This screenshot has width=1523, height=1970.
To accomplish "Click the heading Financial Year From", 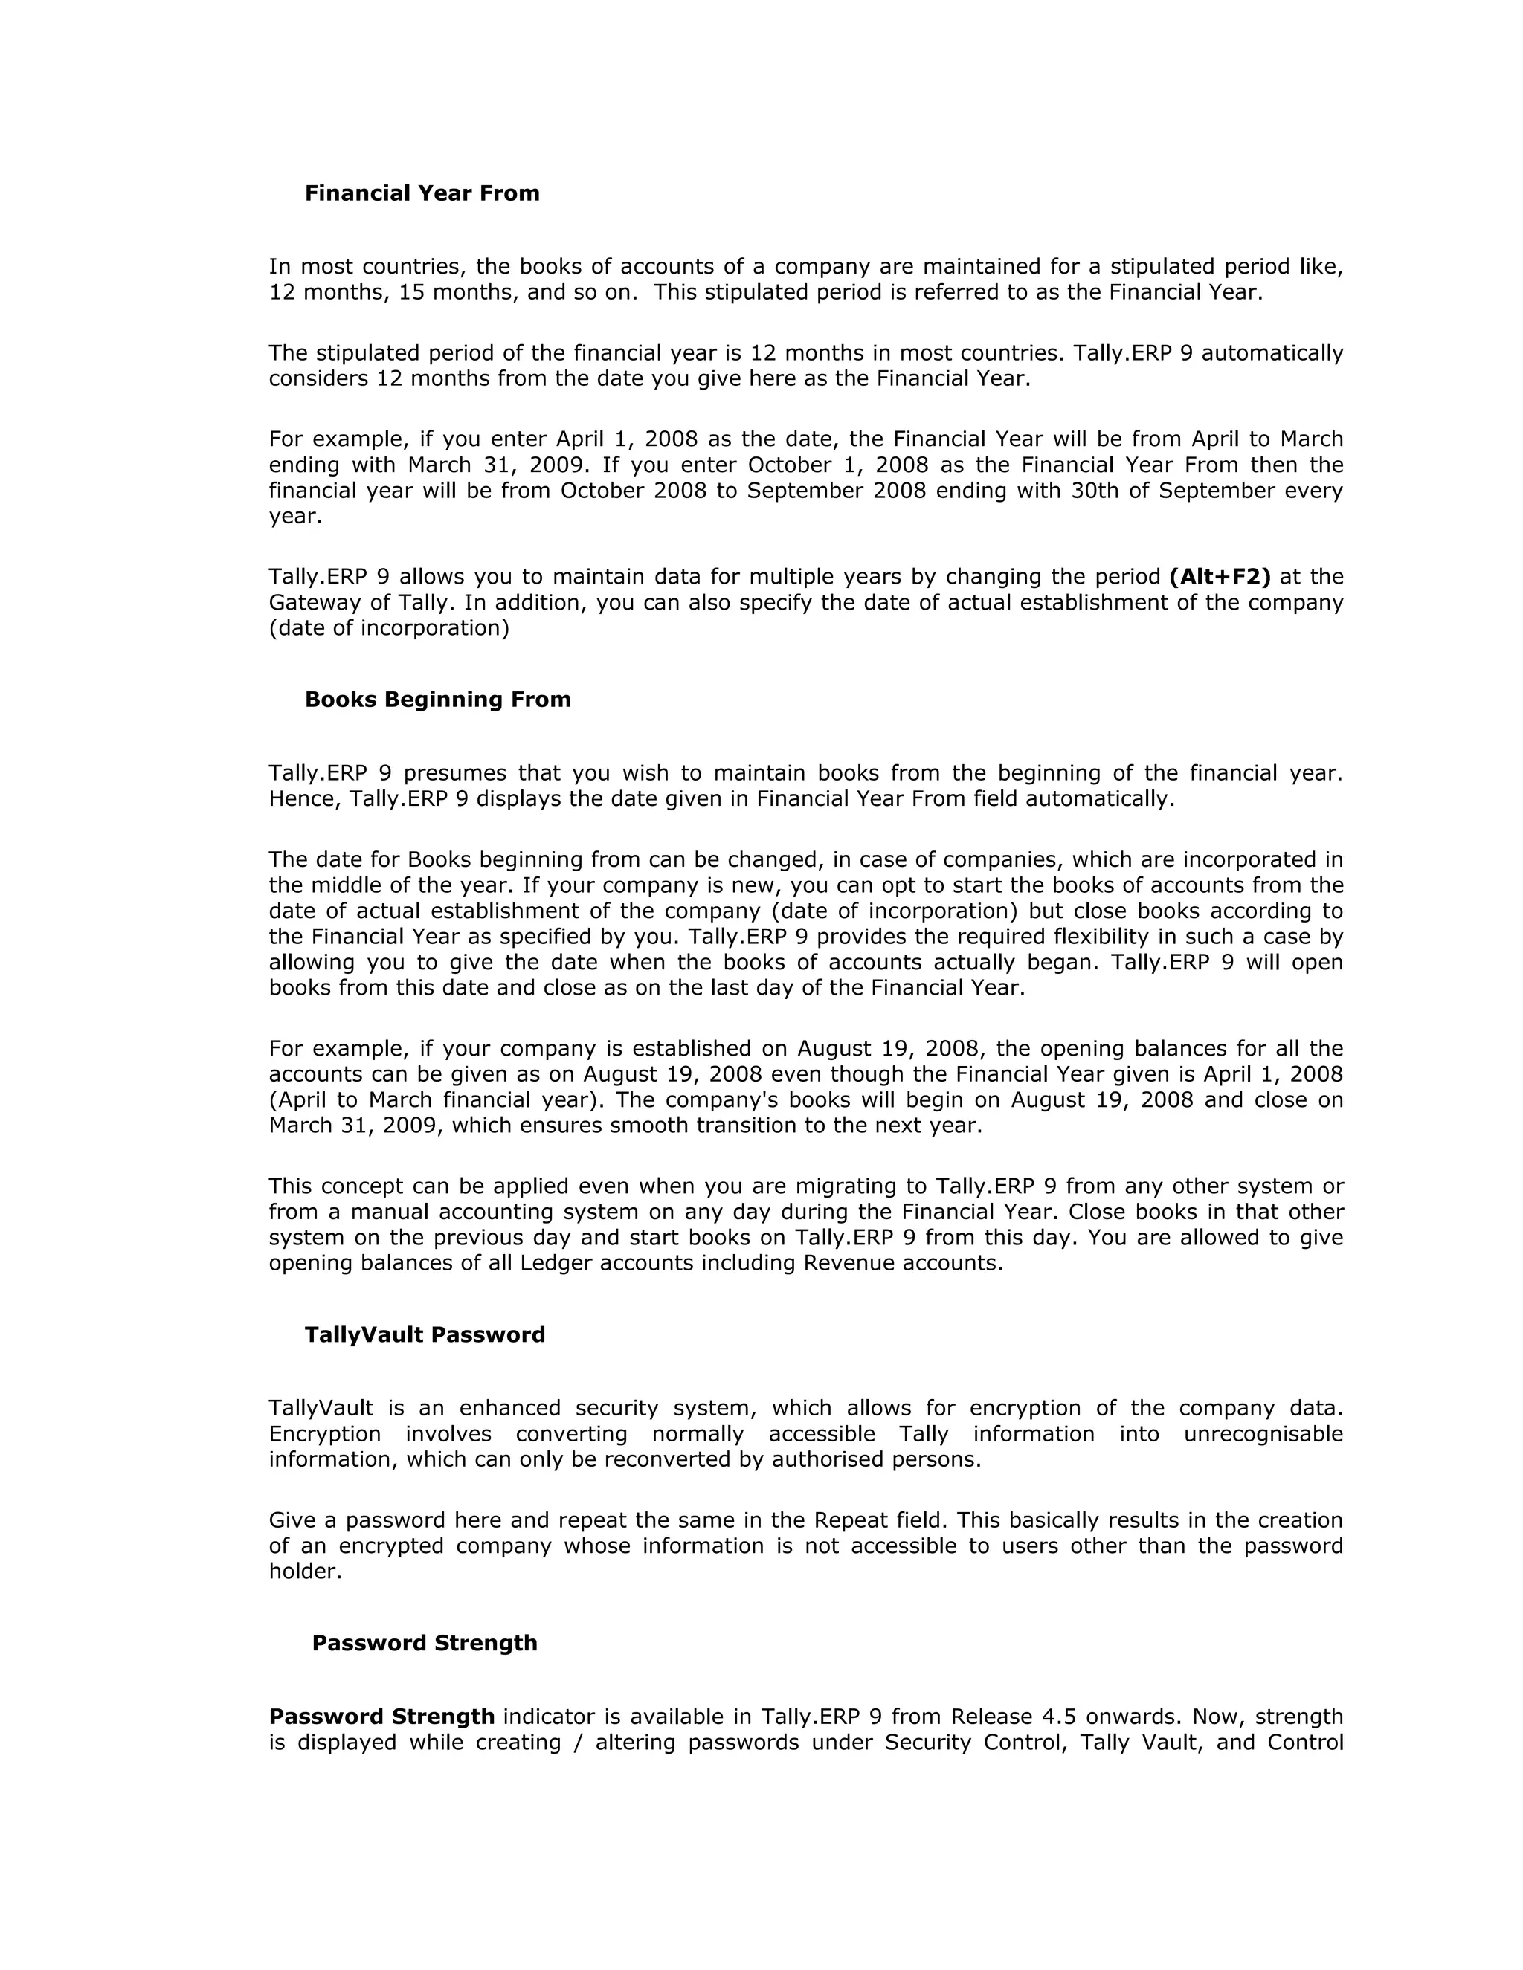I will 422,193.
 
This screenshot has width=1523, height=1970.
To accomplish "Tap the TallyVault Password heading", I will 424,1334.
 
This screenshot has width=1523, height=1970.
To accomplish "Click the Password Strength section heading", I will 424,1643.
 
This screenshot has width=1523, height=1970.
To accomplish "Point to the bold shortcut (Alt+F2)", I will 1219,576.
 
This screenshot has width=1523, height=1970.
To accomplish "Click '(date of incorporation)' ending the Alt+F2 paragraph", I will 389,628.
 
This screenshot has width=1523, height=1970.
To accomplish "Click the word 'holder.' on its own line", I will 305,1572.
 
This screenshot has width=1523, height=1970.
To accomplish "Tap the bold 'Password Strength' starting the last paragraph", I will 381,1717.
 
